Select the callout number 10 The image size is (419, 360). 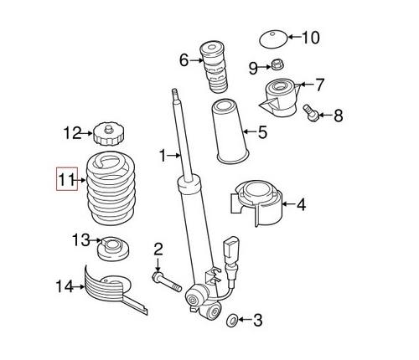pos(310,37)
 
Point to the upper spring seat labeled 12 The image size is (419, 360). pos(105,132)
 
